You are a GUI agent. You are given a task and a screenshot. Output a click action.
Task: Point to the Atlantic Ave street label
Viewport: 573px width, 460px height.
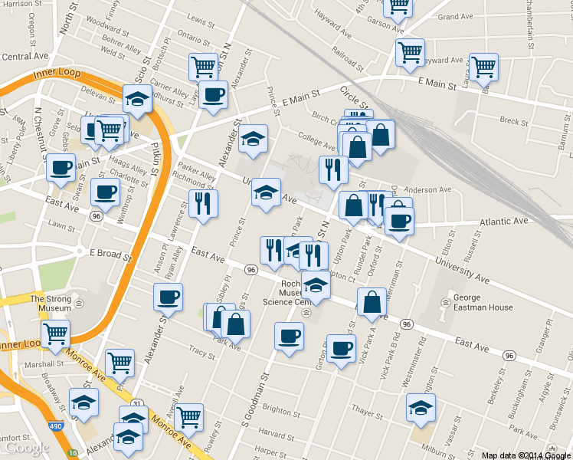[504, 221]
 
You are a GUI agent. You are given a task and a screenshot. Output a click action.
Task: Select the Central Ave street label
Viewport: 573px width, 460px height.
[25, 56]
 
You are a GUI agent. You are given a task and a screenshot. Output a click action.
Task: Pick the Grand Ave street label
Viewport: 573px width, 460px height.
[455, 17]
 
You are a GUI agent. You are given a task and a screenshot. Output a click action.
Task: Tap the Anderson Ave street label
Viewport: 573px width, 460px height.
[427, 189]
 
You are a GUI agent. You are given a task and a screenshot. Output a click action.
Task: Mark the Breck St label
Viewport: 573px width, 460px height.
[513, 120]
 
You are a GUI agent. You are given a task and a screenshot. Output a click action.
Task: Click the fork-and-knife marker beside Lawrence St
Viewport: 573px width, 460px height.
[203, 203]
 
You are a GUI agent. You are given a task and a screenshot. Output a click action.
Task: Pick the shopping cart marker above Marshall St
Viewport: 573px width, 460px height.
[55, 333]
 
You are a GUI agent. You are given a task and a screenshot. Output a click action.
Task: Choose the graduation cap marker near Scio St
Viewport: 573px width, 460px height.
[136, 99]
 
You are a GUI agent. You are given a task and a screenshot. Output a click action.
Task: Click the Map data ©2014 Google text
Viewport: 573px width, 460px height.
[526, 455]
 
